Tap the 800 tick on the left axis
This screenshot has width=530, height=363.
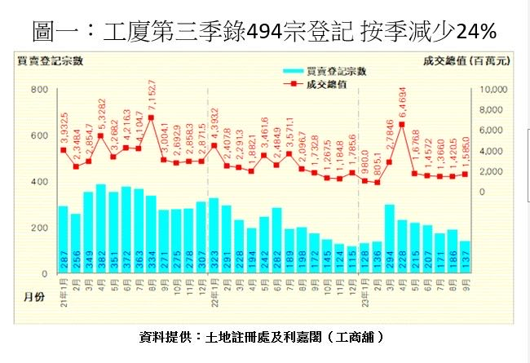click(39, 89)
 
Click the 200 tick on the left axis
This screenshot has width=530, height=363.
click(39, 228)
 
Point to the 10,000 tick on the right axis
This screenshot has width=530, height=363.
click(495, 89)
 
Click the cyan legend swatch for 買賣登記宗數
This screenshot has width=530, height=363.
click(292, 72)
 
